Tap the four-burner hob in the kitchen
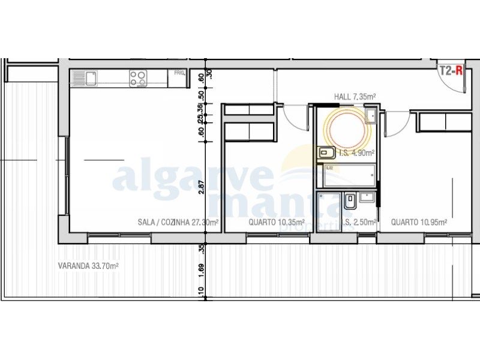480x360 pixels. pyautogui.click(x=139, y=78)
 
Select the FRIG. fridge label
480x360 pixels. pyautogui.click(x=179, y=73)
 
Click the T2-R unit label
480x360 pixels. pyautogui.click(x=451, y=70)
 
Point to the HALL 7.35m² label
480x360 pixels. pyautogui.click(x=355, y=96)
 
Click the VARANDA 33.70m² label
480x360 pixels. pyautogui.click(x=88, y=265)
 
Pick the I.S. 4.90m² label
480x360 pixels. pyautogui.click(x=356, y=152)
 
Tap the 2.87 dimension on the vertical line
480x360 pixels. pyautogui.click(x=202, y=187)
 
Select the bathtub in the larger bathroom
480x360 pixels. pyautogui.click(x=349, y=176)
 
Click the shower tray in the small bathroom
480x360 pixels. pyautogui.click(x=328, y=210)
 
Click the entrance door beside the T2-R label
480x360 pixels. pyautogui.click(x=455, y=85)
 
